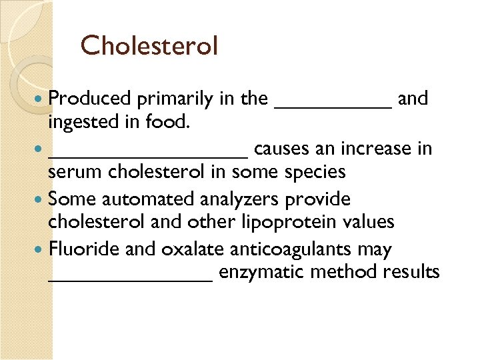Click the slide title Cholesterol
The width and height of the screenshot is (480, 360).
click(149, 46)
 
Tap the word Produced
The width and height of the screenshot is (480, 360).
click(89, 99)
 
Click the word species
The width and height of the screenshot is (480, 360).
click(317, 173)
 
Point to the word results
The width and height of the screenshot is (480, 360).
click(411, 272)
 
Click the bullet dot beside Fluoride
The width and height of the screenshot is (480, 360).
click(42, 249)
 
